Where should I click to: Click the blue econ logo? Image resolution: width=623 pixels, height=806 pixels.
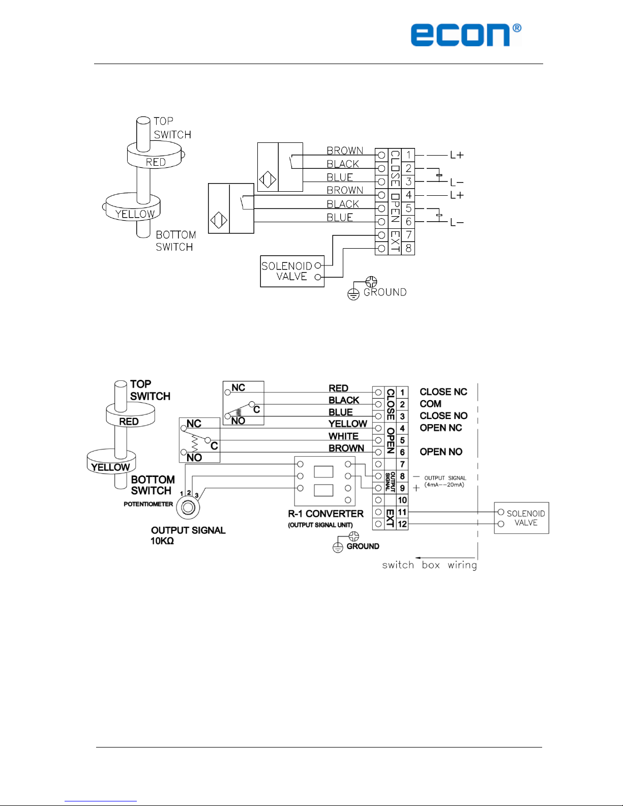pos(466,35)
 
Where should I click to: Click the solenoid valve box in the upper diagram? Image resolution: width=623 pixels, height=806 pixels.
pos(292,271)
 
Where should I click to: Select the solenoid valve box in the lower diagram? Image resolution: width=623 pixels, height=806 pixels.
pos(521,518)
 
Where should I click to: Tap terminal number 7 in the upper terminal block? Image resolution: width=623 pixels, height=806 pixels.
pos(408,235)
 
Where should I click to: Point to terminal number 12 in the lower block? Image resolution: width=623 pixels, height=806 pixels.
pos(402,524)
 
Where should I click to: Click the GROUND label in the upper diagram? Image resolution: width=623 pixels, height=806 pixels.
pos(385,292)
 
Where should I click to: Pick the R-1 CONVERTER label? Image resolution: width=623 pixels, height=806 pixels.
pos(325,514)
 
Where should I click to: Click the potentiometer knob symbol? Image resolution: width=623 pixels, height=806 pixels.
pos(188,508)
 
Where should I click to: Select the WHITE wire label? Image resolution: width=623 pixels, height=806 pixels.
pos(343,436)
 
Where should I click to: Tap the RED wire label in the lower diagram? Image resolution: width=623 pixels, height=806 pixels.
pos(338,389)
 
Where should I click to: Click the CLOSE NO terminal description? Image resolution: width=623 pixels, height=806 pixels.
pos(443,416)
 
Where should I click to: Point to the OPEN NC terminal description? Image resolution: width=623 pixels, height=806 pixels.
pos(441,428)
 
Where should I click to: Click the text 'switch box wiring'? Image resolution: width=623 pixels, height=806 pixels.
pos(429,565)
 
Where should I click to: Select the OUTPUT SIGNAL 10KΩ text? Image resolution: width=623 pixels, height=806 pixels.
pos(188,535)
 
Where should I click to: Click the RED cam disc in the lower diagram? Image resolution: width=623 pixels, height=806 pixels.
pos(130,415)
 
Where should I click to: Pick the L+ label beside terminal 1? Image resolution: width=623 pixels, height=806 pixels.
pos(457,155)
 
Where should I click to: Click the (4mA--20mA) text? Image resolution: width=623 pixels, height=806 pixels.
pos(444,485)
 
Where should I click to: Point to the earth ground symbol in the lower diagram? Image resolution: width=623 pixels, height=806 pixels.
pos(338,548)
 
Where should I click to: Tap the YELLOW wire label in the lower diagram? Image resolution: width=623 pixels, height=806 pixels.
pos(348,424)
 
